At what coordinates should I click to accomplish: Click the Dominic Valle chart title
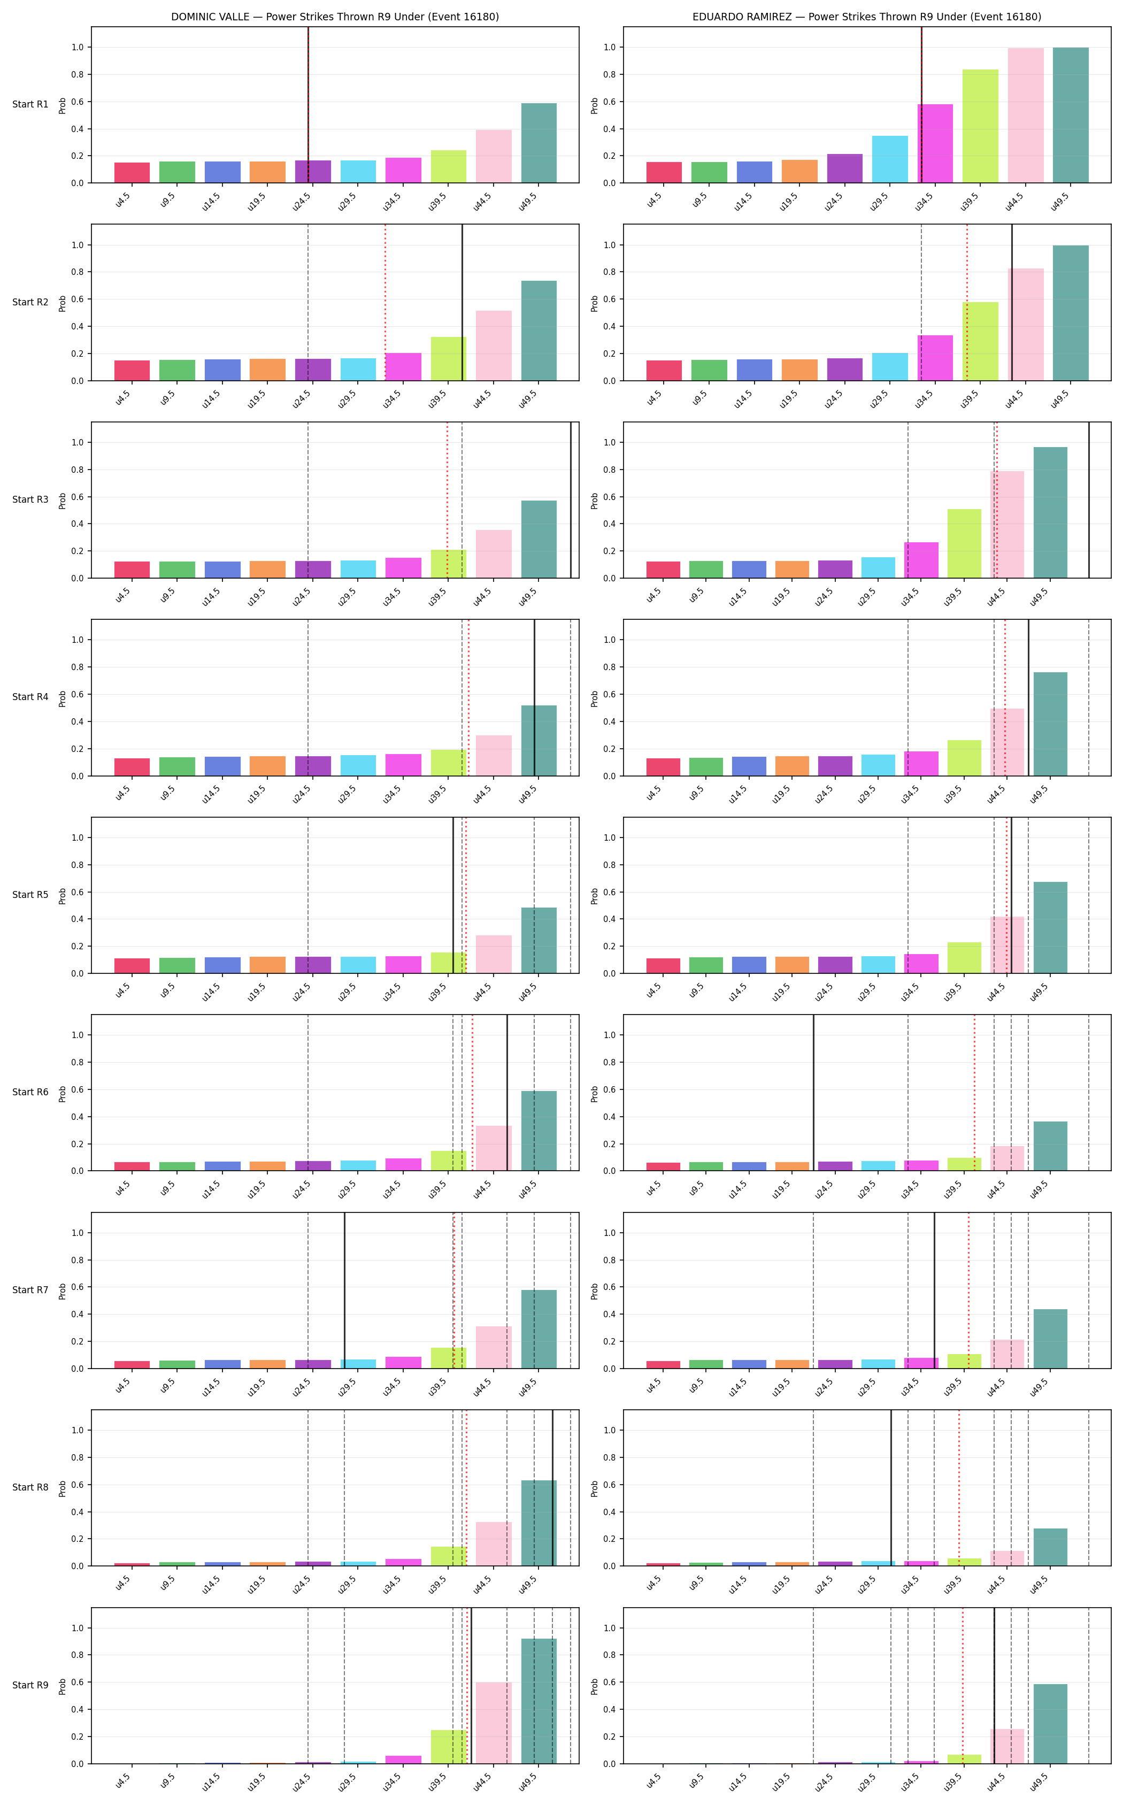tap(335, 17)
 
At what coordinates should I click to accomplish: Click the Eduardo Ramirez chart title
tap(867, 17)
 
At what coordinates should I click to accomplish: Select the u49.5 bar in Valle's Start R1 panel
tap(539, 143)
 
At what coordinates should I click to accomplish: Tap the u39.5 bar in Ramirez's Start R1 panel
tap(980, 126)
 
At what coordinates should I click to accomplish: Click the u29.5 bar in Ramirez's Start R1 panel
tap(890, 159)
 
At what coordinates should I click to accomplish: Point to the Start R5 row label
tap(30, 894)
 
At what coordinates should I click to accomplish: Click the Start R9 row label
tap(30, 1685)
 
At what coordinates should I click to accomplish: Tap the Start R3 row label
tap(30, 499)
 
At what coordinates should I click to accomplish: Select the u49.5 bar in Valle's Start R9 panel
tap(539, 1701)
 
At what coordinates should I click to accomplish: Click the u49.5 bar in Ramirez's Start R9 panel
tap(1050, 1723)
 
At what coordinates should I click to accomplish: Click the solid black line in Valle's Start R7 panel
tap(344, 1289)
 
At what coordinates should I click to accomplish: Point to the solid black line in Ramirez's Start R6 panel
tap(813, 1092)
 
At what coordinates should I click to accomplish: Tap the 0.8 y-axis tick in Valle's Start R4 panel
tap(77, 667)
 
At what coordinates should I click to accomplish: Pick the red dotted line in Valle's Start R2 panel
tap(384, 302)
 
